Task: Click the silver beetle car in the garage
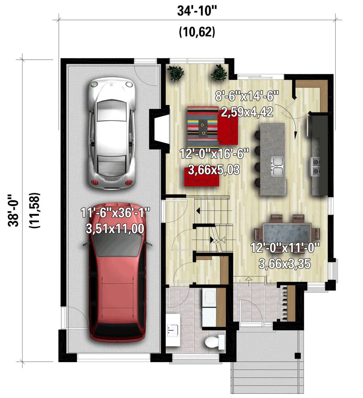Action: pos(111,133)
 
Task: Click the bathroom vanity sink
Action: pos(173,330)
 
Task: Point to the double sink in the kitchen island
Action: pos(277,166)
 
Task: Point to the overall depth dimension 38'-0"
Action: pos(14,210)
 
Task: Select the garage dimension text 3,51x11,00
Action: pos(115,229)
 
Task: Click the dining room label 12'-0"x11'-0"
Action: pos(285,248)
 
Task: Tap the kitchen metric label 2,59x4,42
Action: pos(247,112)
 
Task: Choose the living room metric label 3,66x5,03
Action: pos(214,169)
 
